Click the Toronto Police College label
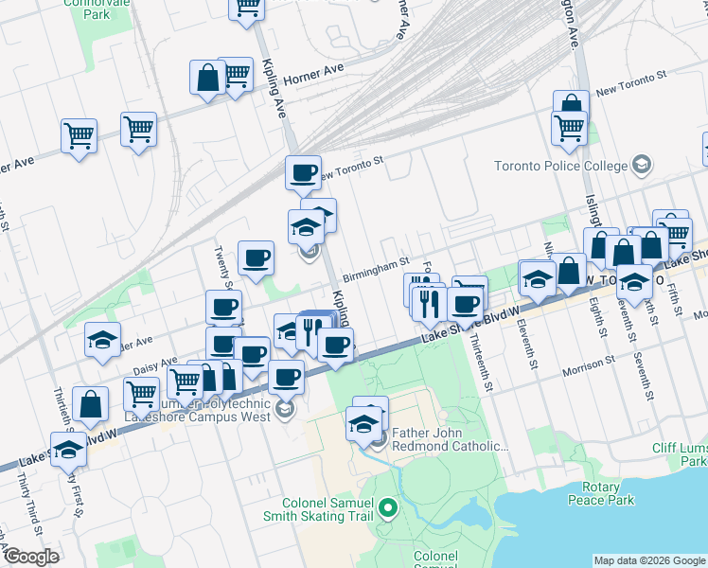(560, 167)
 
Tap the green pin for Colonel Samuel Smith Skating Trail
(386, 510)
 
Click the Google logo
(31, 557)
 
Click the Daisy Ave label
(155, 363)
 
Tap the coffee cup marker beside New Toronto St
(303, 173)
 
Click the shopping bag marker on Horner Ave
(206, 80)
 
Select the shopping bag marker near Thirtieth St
(90, 404)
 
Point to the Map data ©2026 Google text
(648, 560)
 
